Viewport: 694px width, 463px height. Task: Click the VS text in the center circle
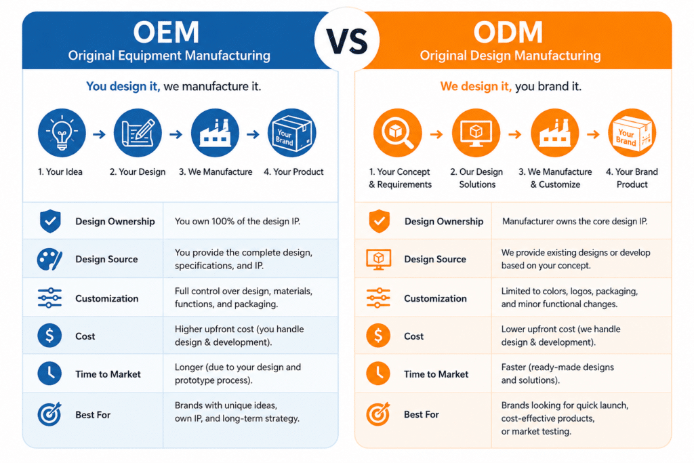(x=347, y=41)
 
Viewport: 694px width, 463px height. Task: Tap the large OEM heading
(x=167, y=33)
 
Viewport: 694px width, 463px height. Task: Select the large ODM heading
(x=508, y=33)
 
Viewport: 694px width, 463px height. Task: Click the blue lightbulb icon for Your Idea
(x=62, y=133)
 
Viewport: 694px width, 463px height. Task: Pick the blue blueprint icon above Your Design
(x=138, y=133)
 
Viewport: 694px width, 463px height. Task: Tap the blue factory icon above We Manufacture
(x=215, y=133)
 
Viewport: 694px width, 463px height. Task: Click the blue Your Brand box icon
(x=292, y=133)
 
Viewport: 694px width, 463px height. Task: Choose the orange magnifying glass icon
(x=397, y=133)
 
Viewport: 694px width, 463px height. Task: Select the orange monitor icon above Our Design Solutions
(x=476, y=133)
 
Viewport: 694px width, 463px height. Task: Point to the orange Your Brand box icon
(x=632, y=133)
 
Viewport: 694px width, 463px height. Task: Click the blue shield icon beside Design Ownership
(x=50, y=221)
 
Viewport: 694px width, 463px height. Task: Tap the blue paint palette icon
(x=49, y=260)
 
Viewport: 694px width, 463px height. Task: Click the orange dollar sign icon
(x=378, y=336)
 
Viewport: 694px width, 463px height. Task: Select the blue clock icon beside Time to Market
(x=49, y=373)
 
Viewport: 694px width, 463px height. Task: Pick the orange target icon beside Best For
(x=378, y=414)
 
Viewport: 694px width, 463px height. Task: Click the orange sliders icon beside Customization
(x=378, y=298)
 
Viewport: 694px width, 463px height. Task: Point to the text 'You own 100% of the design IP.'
(x=237, y=221)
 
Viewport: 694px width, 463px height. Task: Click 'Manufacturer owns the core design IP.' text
(x=575, y=221)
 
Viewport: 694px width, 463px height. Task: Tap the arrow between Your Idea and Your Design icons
(x=100, y=134)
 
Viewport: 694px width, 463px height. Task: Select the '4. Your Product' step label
(x=293, y=172)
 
